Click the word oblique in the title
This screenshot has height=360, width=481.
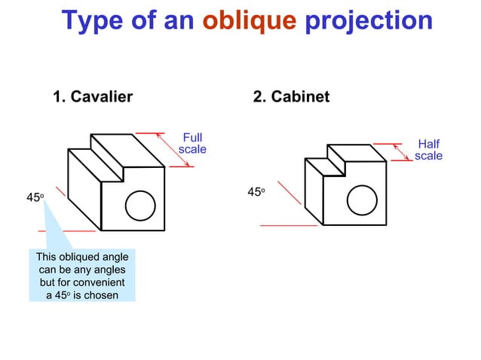[x=250, y=20]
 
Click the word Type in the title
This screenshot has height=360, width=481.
[x=92, y=20]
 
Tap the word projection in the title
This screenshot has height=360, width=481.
[x=369, y=20]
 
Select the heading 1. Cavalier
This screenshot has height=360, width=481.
[x=93, y=97]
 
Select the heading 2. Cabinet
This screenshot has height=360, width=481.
[x=292, y=97]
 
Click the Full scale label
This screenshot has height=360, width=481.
[x=192, y=143]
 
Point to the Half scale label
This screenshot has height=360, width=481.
[x=428, y=150]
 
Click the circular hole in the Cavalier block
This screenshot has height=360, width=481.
[x=139, y=205]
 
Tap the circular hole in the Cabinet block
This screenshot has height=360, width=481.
[x=361, y=199]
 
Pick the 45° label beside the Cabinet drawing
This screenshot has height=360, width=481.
[x=256, y=193]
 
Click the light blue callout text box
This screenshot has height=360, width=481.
[x=82, y=276]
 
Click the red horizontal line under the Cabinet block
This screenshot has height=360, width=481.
[x=290, y=224]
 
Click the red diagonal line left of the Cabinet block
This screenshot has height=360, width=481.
[x=290, y=193]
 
